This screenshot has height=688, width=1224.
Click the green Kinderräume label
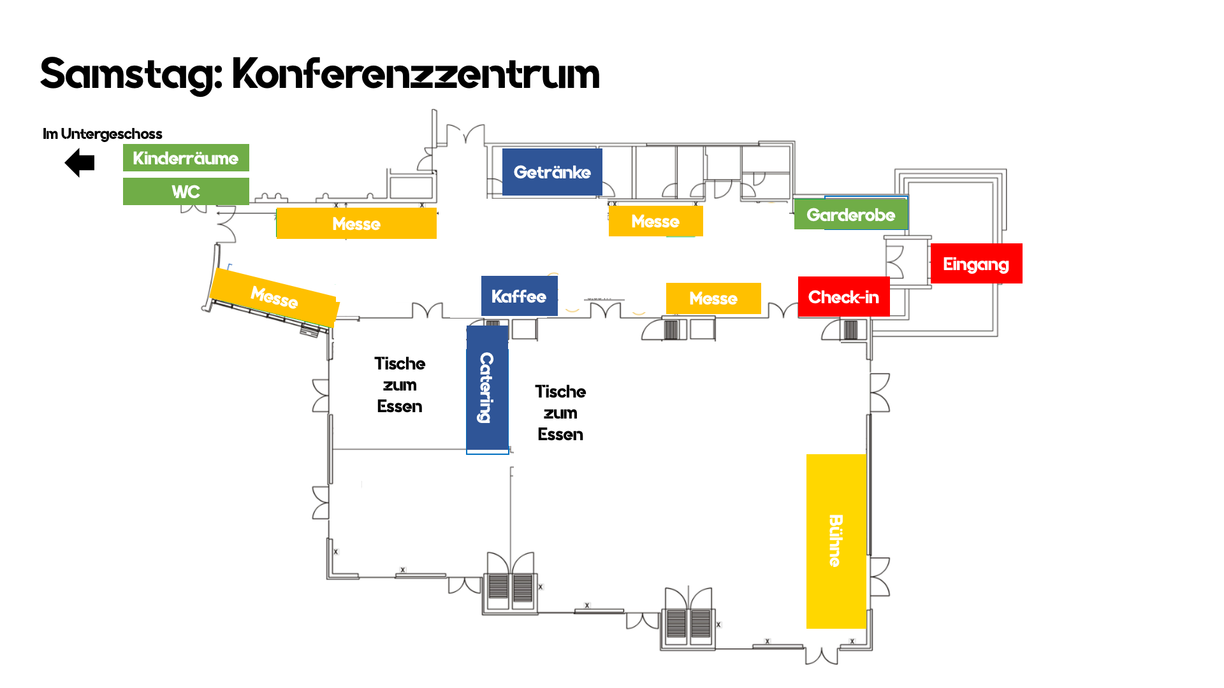coord(186,158)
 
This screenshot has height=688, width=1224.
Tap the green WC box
coord(186,191)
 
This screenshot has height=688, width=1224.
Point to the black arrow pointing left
coord(80,163)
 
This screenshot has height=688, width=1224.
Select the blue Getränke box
coord(552,172)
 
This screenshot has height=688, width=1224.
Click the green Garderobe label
coord(850,215)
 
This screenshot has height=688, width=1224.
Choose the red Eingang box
coord(976,264)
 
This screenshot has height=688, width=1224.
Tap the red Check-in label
coord(843,297)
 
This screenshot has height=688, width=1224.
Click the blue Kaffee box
coord(519,296)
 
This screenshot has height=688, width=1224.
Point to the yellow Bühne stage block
coord(836,541)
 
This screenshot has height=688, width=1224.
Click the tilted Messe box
coord(274,297)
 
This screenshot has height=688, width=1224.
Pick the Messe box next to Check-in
coord(713,298)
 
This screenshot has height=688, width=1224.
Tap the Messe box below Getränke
coord(655,221)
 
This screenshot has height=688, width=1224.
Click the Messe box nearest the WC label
coord(356,224)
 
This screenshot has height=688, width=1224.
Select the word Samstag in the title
coord(131,74)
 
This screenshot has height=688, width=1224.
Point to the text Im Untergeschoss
coord(103,134)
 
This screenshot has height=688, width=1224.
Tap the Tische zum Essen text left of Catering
coord(400,385)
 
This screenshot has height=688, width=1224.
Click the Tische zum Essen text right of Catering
coord(560,413)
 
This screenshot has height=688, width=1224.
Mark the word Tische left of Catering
coord(400,364)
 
